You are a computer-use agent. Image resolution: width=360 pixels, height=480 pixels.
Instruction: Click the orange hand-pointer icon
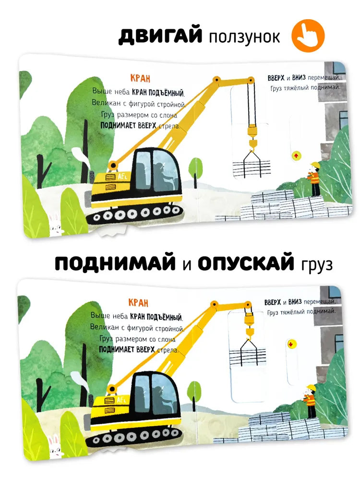click(309, 36)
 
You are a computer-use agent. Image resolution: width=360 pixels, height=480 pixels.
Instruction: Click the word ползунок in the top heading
click(244, 37)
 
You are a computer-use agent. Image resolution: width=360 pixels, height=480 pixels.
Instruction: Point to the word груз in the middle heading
click(316, 265)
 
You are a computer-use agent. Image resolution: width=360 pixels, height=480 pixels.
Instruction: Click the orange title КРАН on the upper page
click(140, 79)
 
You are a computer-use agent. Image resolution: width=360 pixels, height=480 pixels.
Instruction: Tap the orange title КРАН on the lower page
click(138, 302)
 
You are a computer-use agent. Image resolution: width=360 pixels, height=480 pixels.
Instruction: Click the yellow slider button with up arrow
click(296, 155)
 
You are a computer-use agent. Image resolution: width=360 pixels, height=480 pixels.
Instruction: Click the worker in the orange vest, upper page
click(314, 179)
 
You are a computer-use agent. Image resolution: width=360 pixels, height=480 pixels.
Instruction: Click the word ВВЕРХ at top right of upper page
click(277, 78)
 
